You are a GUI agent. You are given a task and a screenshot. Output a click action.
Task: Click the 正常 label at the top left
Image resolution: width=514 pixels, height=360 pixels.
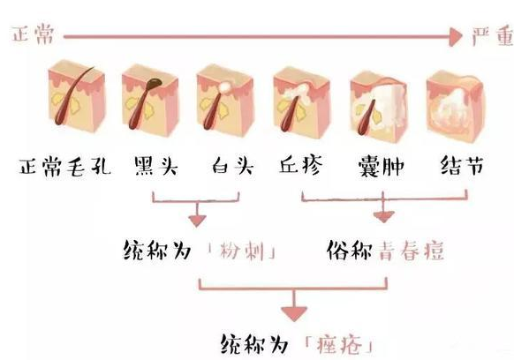[33, 34]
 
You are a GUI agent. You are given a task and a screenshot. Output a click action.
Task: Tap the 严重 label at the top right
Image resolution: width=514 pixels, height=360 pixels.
[493, 35]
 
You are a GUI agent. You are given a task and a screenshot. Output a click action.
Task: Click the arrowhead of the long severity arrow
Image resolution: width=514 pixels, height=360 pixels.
[455, 37]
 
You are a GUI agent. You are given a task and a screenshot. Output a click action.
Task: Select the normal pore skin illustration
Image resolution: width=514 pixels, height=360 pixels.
[76, 96]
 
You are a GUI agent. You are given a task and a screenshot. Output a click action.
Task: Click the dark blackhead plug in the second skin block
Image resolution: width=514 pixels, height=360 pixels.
[154, 83]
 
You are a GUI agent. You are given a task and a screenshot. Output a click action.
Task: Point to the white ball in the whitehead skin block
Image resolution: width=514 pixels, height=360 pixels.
[225, 86]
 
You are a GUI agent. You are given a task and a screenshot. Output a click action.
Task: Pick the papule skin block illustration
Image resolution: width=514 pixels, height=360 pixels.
[301, 102]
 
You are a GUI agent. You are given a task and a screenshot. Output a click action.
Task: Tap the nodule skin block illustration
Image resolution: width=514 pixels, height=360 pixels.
[456, 107]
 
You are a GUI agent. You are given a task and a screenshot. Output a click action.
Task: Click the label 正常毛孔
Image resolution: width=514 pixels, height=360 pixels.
[64, 167]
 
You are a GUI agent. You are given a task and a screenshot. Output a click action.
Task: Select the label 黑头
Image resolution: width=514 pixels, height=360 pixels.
[156, 166]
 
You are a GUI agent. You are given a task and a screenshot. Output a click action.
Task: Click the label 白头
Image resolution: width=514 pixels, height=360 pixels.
[232, 165]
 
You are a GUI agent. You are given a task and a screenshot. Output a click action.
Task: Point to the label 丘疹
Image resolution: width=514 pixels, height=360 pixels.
[300, 165]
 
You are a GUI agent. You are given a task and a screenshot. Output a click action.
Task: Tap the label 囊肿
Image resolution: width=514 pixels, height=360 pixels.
[381, 166]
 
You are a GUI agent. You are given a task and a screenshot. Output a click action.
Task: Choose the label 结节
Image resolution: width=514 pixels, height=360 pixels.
[462, 165]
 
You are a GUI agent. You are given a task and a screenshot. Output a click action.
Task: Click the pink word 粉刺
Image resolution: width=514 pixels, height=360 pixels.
[242, 251]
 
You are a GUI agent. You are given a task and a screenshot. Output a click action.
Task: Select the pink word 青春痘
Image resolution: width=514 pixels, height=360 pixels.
[412, 251]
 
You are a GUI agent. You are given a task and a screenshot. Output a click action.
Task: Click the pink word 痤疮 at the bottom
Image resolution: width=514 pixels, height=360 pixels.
[339, 344]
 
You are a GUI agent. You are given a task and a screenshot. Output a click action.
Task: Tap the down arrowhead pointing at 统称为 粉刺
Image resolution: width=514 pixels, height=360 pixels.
[197, 221]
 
